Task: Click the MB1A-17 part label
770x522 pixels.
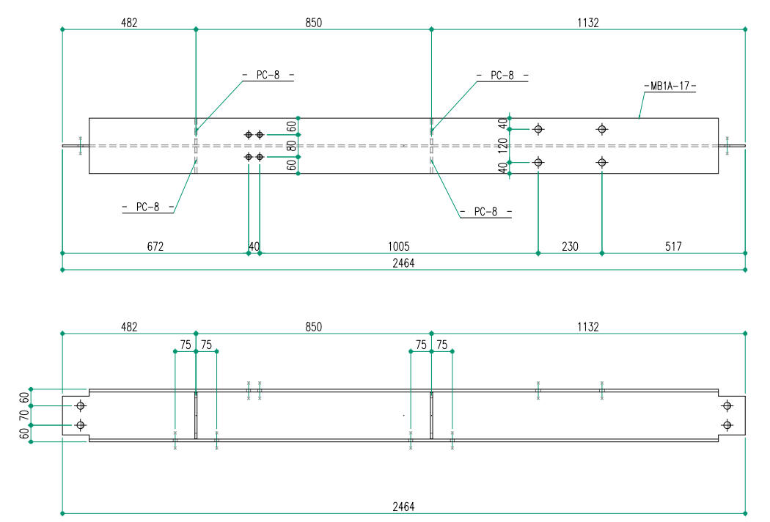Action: click(x=670, y=87)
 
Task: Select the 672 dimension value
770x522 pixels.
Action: click(x=155, y=246)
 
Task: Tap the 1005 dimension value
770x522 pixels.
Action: click(x=399, y=246)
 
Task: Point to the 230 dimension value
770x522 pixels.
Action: click(x=570, y=246)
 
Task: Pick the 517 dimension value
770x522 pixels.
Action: click(x=673, y=246)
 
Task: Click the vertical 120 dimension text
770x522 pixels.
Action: click(x=502, y=146)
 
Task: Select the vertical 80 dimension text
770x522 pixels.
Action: click(x=292, y=146)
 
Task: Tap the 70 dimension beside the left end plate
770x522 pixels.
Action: click(x=24, y=416)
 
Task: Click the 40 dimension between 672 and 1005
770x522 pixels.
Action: click(x=254, y=246)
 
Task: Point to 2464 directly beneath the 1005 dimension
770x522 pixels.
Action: click(x=403, y=263)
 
